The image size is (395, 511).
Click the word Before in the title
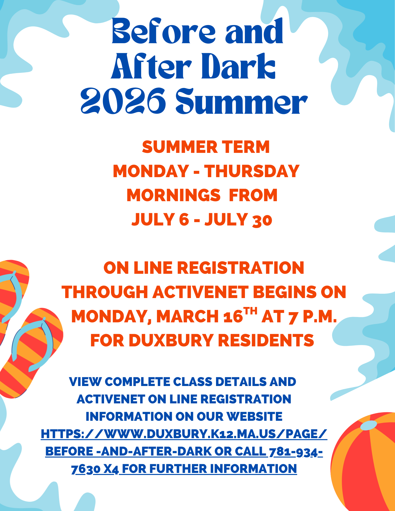point(164,31)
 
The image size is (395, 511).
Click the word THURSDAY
point(252,171)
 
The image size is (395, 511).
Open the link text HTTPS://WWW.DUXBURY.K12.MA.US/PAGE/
point(184,434)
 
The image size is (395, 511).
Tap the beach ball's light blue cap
point(368,425)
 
